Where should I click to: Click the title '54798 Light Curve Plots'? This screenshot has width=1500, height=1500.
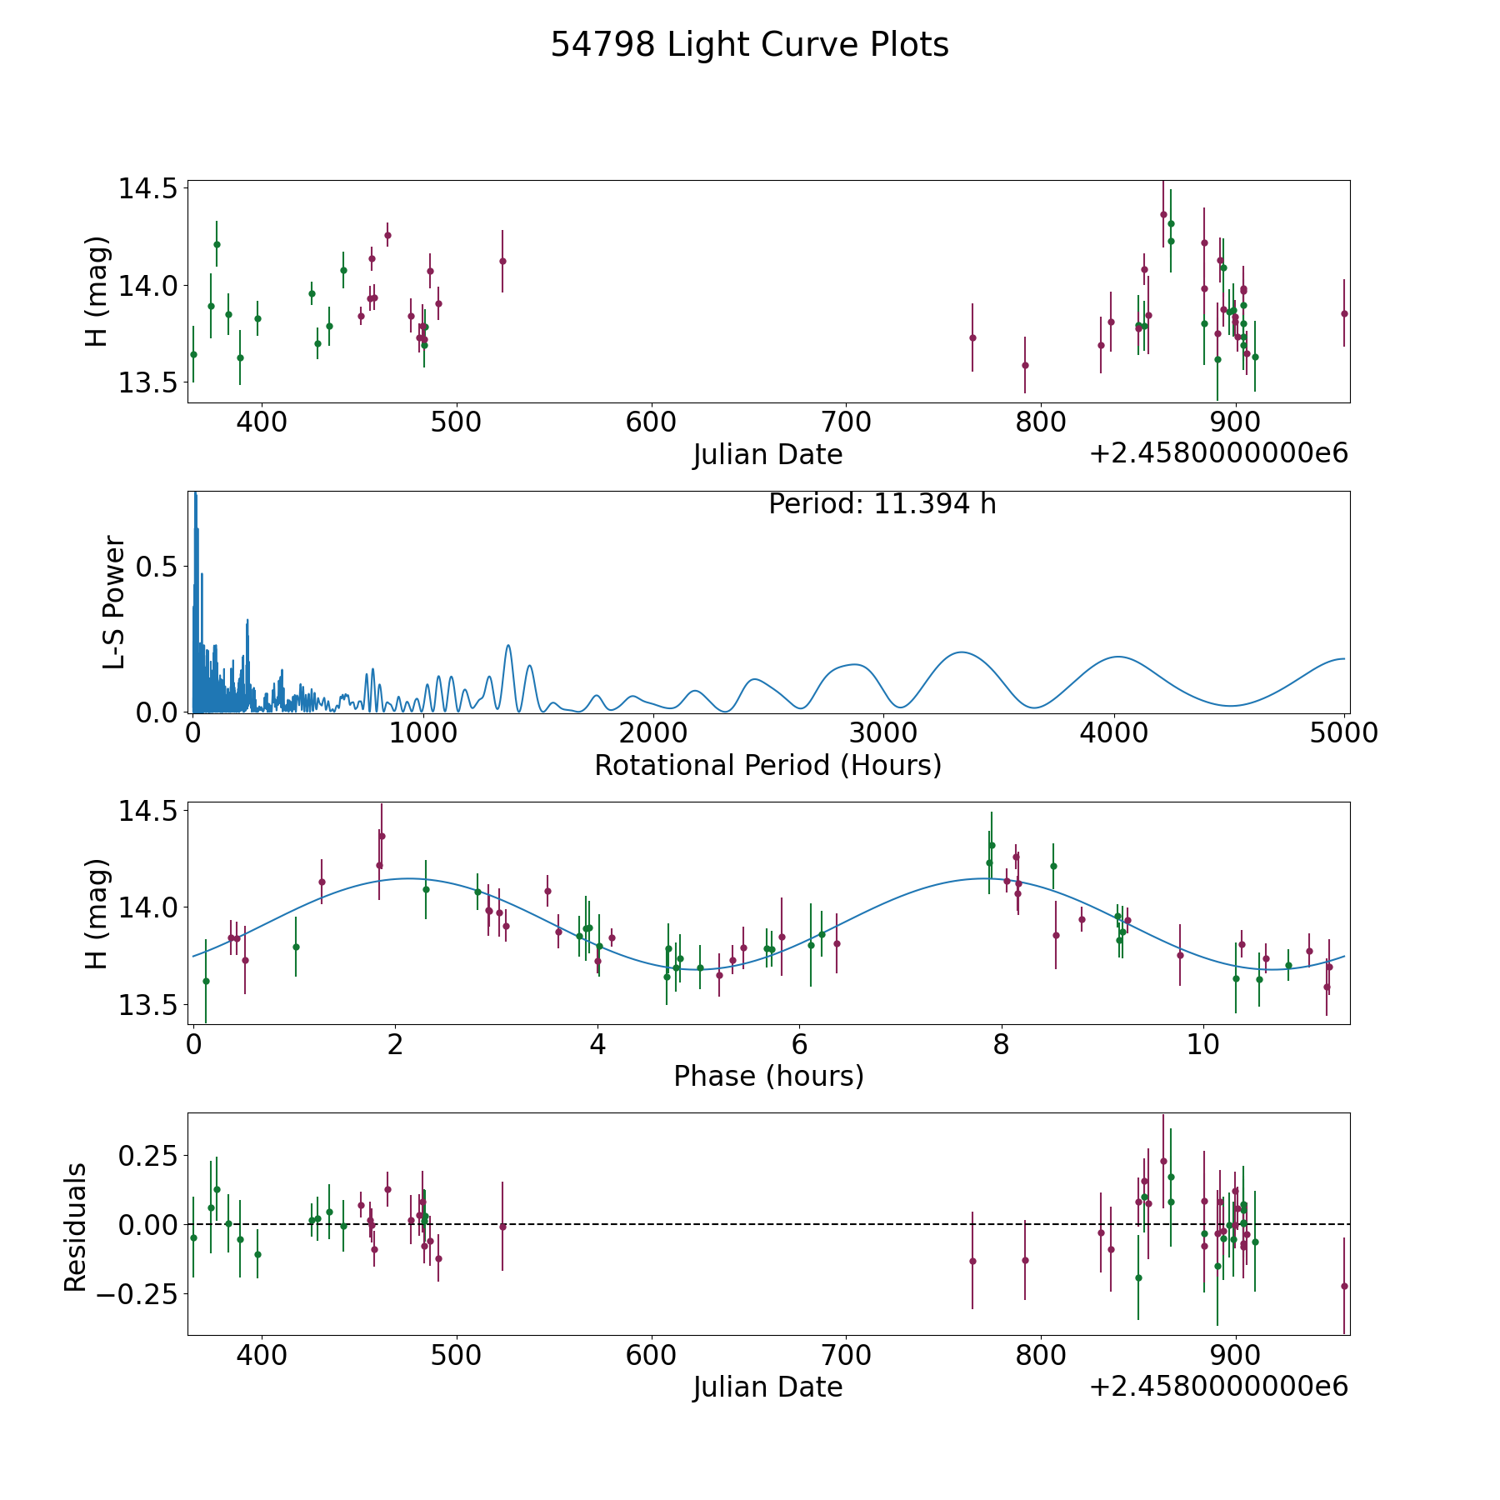749,45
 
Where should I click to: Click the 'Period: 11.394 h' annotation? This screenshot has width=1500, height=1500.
882,504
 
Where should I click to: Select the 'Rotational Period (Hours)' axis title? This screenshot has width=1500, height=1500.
767,765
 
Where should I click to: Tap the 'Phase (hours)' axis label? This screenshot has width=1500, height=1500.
768,1076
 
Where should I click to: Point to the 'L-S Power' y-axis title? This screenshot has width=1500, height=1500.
114,602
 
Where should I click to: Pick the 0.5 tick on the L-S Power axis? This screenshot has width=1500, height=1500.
157,567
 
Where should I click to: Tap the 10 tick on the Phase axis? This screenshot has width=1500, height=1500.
1203,1043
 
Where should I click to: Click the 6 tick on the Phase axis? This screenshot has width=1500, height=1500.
799,1043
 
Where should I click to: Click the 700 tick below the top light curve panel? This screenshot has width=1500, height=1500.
846,422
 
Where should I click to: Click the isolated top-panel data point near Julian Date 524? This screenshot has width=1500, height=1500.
502,261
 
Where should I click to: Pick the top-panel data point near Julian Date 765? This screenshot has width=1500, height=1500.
972,337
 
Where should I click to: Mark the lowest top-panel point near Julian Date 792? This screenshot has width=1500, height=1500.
1025,365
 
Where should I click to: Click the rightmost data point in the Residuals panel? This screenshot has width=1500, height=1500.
1344,1286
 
